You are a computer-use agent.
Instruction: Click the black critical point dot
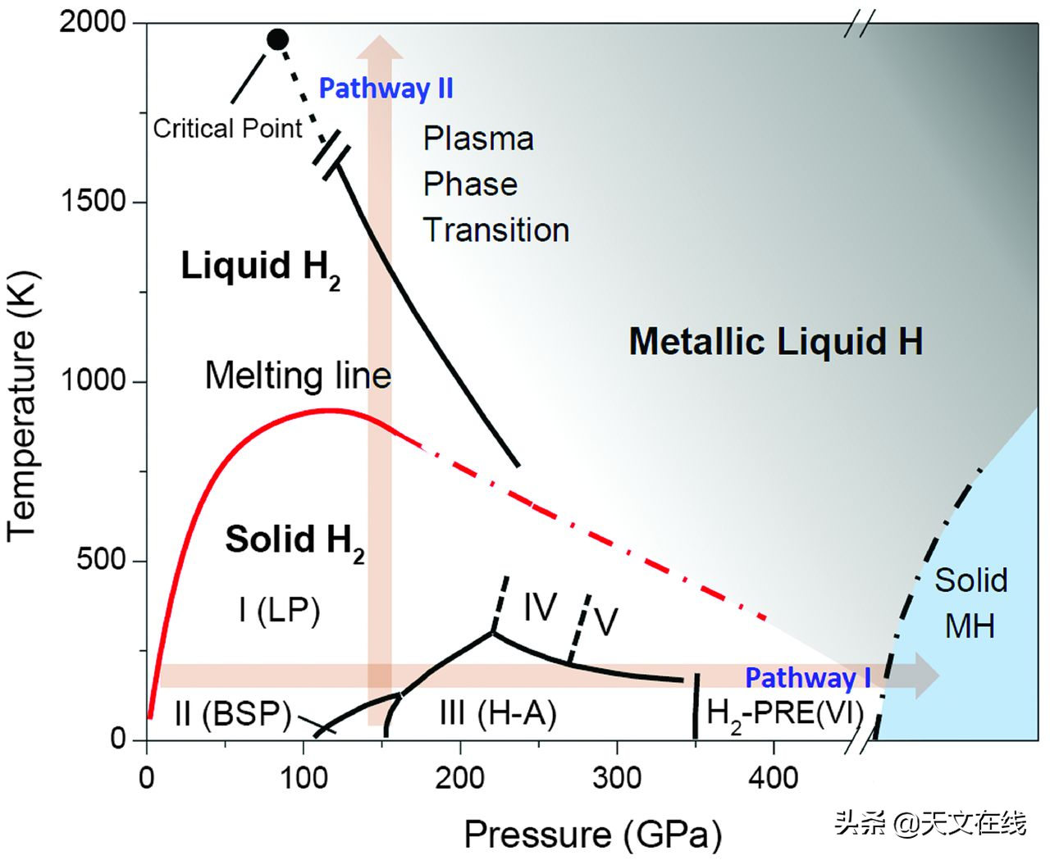coord(278,39)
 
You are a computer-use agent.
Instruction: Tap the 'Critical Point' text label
coord(228,129)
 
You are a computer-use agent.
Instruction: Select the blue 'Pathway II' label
coord(386,89)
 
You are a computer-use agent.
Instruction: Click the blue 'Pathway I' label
coord(808,678)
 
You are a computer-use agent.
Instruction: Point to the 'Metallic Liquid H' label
coord(775,341)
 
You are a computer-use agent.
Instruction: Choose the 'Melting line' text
coord(298,375)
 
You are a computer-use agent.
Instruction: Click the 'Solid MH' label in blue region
coord(970,603)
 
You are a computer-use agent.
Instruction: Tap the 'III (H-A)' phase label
coord(498,713)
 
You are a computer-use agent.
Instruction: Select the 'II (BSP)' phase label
coord(233,714)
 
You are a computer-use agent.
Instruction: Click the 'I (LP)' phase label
coord(279,610)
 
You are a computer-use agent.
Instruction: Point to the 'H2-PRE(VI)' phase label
coord(785,714)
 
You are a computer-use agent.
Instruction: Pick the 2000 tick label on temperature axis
coord(93,22)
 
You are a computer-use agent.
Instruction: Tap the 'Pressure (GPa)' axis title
coord(592,835)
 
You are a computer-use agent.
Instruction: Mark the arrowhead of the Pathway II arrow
coord(379,48)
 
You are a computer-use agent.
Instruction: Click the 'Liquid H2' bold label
coord(260,268)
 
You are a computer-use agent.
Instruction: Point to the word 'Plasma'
coord(478,139)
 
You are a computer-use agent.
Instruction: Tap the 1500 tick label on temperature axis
coord(93,202)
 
